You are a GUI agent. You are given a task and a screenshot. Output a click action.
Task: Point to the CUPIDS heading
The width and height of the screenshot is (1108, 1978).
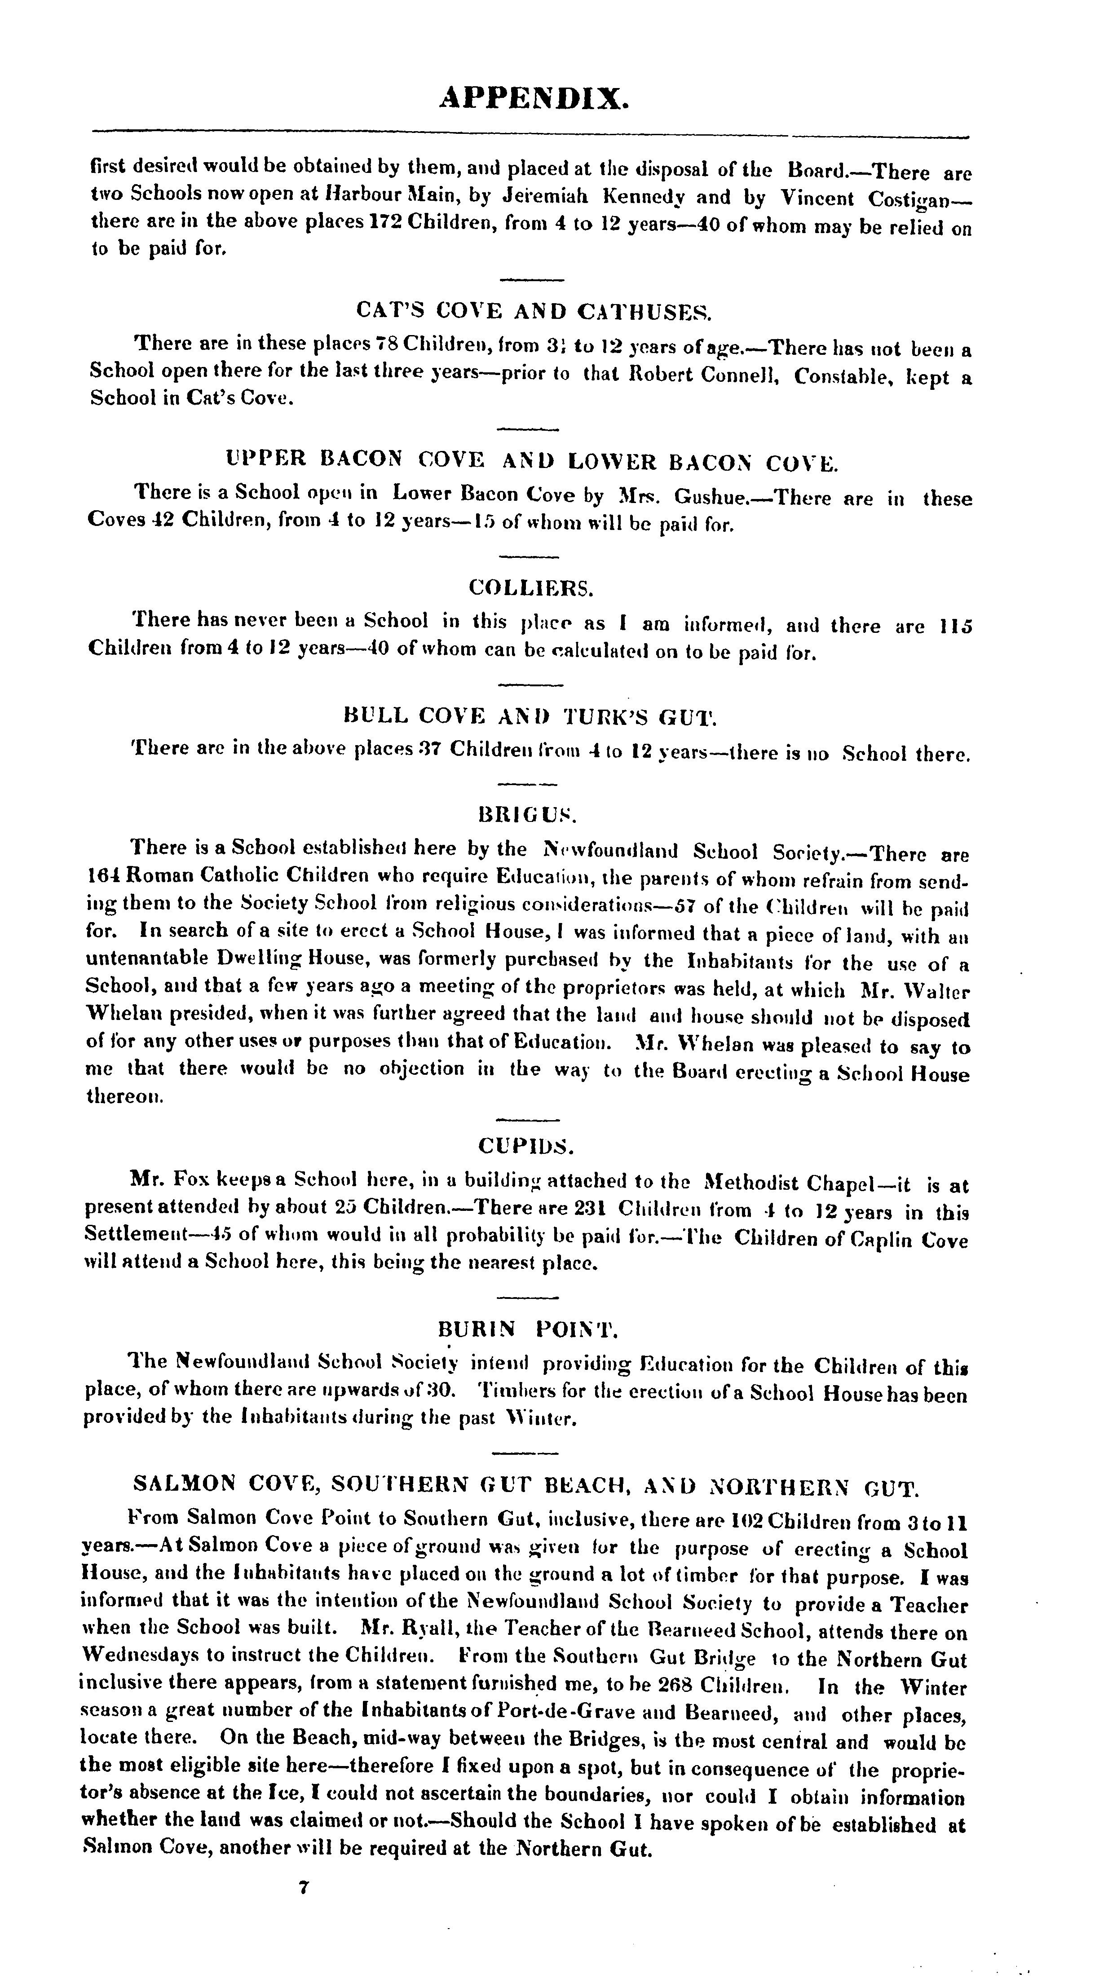(527, 1146)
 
